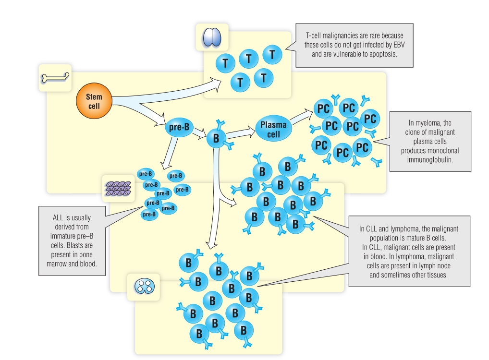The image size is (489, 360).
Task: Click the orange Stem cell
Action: tap(94, 101)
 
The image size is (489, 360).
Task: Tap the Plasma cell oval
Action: tap(273, 129)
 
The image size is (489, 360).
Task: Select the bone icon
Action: tap(55, 77)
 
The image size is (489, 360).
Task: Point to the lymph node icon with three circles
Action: tap(143, 287)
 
